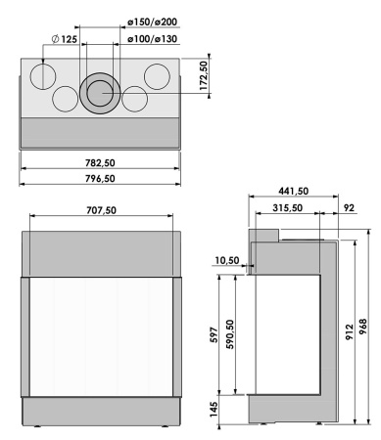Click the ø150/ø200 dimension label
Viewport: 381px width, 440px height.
(x=152, y=21)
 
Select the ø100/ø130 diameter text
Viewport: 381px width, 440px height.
(x=152, y=38)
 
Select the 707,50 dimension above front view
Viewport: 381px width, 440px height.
(x=102, y=209)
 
